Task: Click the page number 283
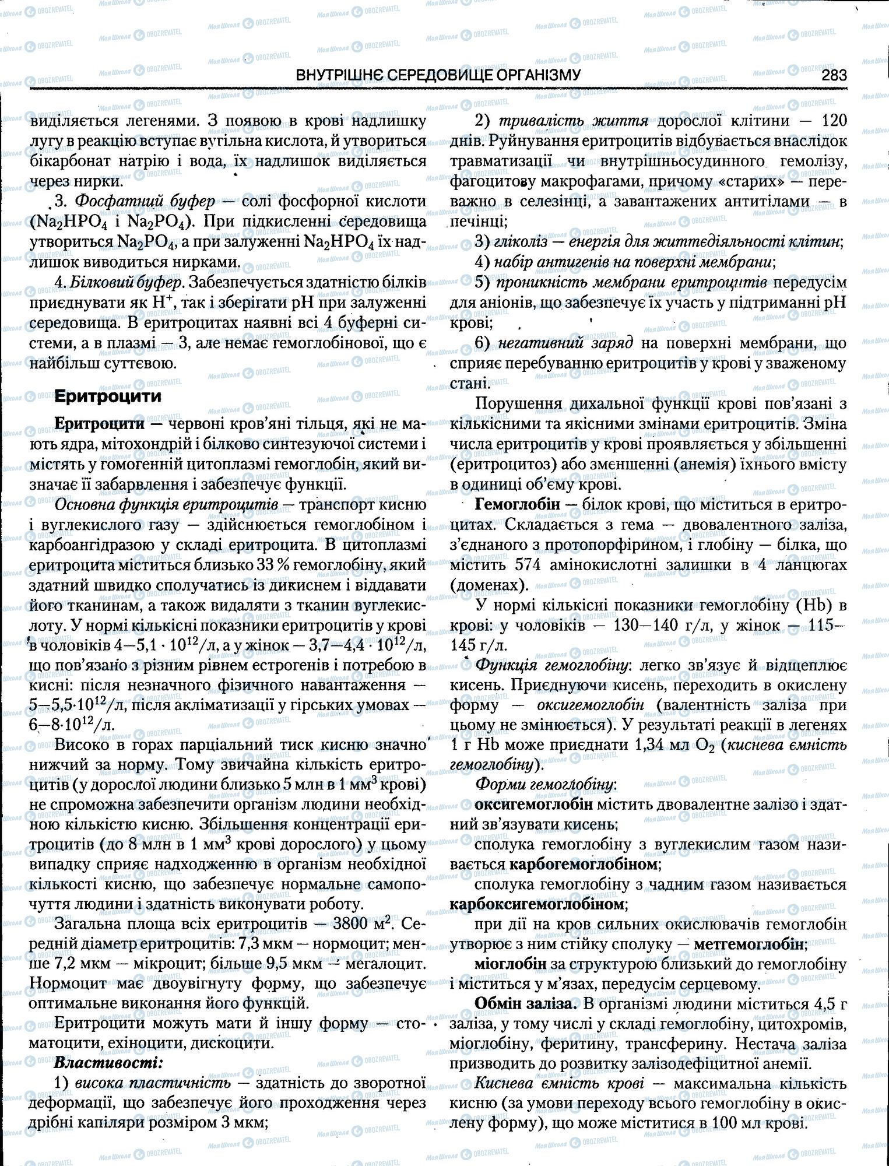[x=834, y=76]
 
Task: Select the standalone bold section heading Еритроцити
[x=107, y=397]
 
